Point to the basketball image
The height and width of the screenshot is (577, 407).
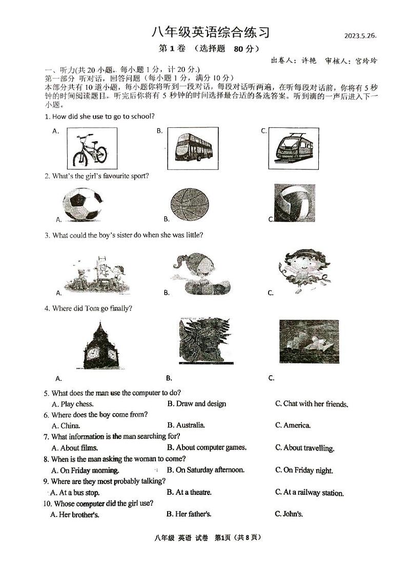pyautogui.click(x=190, y=204)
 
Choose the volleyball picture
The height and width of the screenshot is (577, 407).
pyautogui.click(x=294, y=204)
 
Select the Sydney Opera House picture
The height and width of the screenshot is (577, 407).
pyautogui.click(x=309, y=341)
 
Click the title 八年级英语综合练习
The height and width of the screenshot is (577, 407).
pyautogui.click(x=210, y=32)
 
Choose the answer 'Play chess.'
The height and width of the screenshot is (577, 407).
pyautogui.click(x=73, y=404)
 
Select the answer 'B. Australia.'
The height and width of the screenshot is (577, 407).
pyautogui.click(x=186, y=425)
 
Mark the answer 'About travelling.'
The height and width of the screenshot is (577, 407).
pyautogui.click(x=309, y=448)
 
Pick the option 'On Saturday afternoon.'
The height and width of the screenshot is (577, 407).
pyautogui.click(x=210, y=470)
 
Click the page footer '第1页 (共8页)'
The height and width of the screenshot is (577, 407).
pyautogui.click(x=237, y=537)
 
